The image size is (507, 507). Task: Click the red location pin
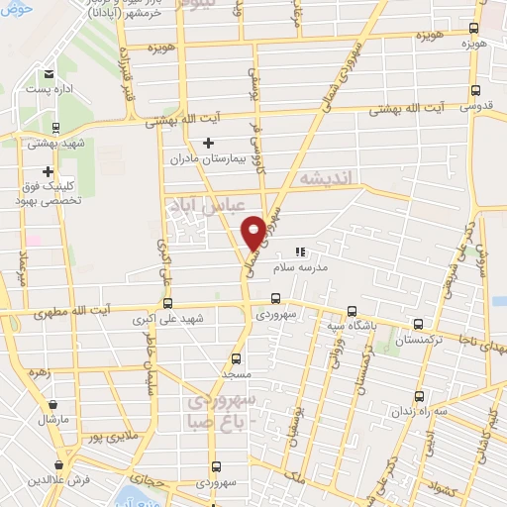coord(253,231)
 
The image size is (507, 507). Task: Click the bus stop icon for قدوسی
coord(477,88)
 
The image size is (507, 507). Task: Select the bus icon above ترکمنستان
coord(419,324)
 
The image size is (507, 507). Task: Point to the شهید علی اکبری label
coord(170,320)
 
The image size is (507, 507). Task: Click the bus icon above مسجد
coord(236,359)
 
